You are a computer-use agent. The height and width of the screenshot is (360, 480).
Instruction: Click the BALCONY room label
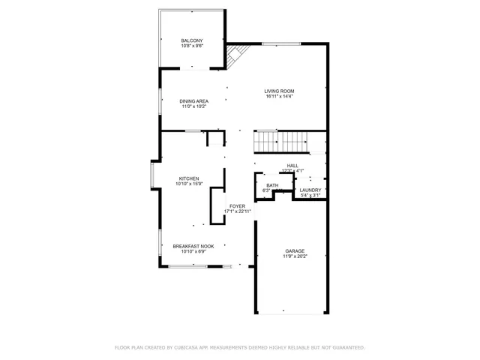(x=191, y=40)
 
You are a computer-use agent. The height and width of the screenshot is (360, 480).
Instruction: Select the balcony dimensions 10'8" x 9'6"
(x=191, y=46)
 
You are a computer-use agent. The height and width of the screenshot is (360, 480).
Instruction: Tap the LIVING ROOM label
(x=279, y=91)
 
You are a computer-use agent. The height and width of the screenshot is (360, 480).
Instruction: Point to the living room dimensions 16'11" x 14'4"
(x=279, y=97)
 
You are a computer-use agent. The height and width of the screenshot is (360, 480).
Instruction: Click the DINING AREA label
(x=193, y=100)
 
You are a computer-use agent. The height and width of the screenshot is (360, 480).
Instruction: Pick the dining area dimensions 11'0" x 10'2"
(x=193, y=106)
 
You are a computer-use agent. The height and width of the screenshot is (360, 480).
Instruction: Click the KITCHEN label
(x=188, y=178)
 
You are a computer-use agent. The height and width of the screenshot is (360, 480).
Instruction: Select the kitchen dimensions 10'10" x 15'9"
(x=188, y=184)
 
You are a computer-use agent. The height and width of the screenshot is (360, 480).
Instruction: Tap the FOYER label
(x=237, y=205)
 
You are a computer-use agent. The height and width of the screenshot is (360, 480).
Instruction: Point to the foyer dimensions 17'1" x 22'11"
(x=237, y=211)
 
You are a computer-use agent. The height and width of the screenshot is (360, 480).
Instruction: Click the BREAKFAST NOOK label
(x=193, y=246)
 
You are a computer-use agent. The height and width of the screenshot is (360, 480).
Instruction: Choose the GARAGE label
(x=294, y=250)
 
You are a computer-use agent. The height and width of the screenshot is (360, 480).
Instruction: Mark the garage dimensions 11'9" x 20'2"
(x=294, y=256)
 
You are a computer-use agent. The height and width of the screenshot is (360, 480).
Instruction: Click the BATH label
(x=271, y=185)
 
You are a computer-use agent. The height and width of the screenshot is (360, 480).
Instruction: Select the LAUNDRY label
(x=310, y=190)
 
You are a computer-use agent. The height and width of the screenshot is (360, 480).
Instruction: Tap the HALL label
(x=292, y=166)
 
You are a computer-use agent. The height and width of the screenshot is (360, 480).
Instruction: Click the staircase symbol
(x=281, y=140)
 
